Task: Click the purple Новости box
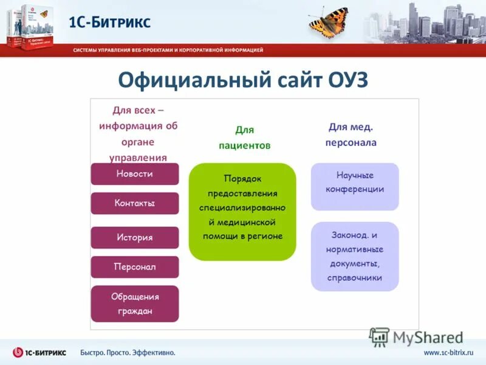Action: click(x=135, y=174)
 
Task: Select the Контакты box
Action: click(x=135, y=203)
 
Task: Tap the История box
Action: click(x=135, y=237)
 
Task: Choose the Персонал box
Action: click(x=135, y=267)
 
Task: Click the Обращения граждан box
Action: click(x=135, y=304)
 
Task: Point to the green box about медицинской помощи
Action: click(x=242, y=212)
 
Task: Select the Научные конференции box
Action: click(x=355, y=182)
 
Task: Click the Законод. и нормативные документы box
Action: click(x=355, y=256)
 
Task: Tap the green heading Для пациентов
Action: click(x=244, y=137)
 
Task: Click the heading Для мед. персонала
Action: click(x=351, y=134)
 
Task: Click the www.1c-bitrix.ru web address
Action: click(x=448, y=353)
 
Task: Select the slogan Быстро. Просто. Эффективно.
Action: click(x=128, y=353)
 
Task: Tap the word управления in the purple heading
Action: click(x=137, y=158)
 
